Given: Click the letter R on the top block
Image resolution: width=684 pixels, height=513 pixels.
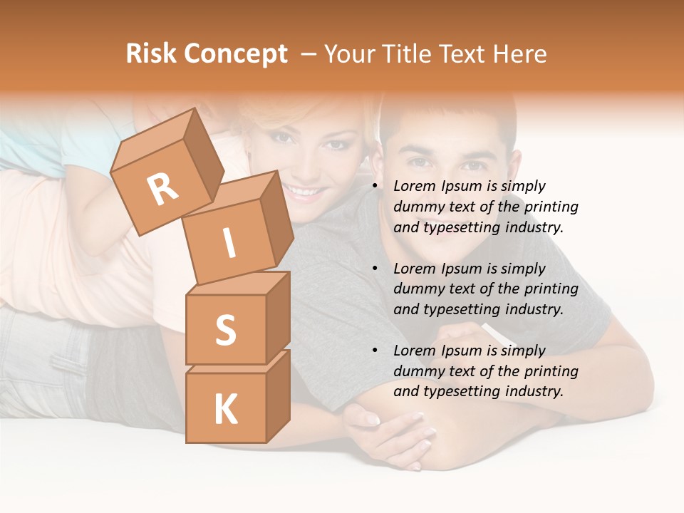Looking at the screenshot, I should click(x=163, y=189).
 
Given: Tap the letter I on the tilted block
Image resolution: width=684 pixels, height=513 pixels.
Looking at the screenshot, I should click(x=229, y=244).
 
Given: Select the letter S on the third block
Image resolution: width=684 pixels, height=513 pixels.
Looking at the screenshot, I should click(x=225, y=330).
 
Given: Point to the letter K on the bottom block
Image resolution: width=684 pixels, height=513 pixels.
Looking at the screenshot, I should click(x=225, y=410).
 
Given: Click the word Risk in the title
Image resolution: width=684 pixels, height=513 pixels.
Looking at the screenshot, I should click(x=152, y=54).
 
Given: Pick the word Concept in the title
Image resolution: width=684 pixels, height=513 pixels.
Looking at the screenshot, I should click(x=236, y=54).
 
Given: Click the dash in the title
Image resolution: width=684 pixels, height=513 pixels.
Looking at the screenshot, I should click(x=309, y=54).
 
